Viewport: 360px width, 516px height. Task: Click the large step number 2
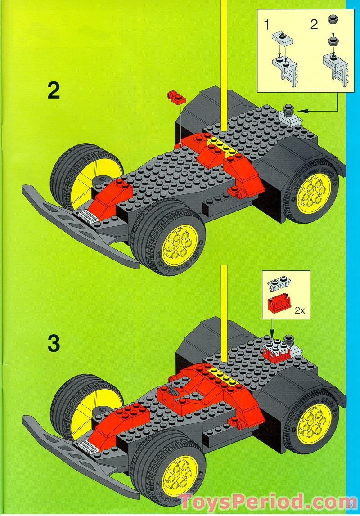[54, 92]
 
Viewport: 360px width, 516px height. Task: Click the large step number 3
[54, 344]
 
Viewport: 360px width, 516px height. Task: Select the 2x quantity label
[300, 310]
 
